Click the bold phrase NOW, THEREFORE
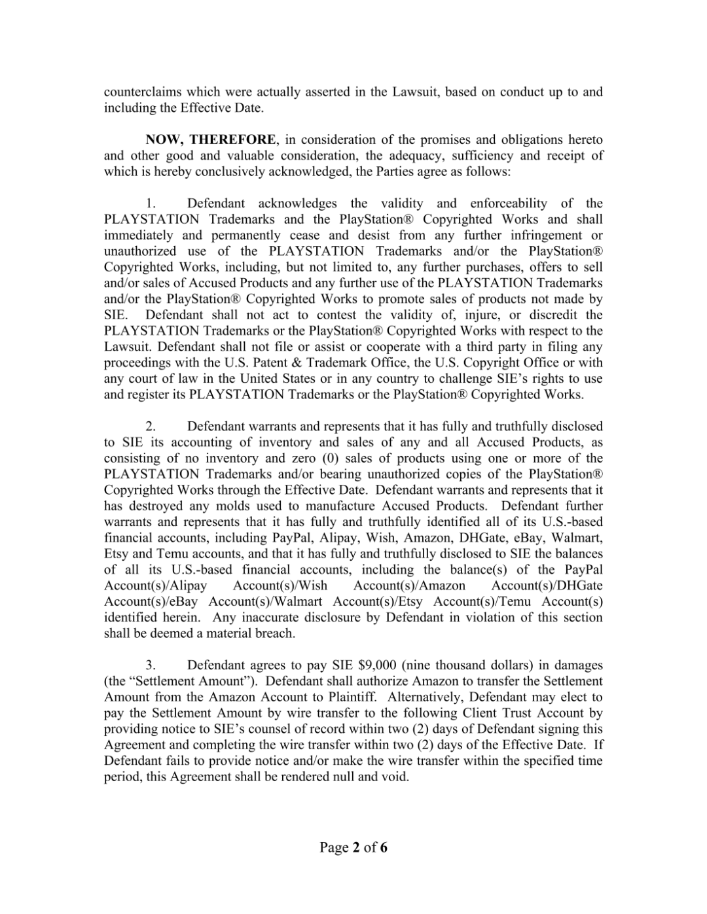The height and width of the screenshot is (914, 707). click(x=211, y=139)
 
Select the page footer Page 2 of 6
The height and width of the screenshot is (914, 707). click(x=353, y=848)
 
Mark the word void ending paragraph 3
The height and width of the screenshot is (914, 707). click(x=397, y=777)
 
